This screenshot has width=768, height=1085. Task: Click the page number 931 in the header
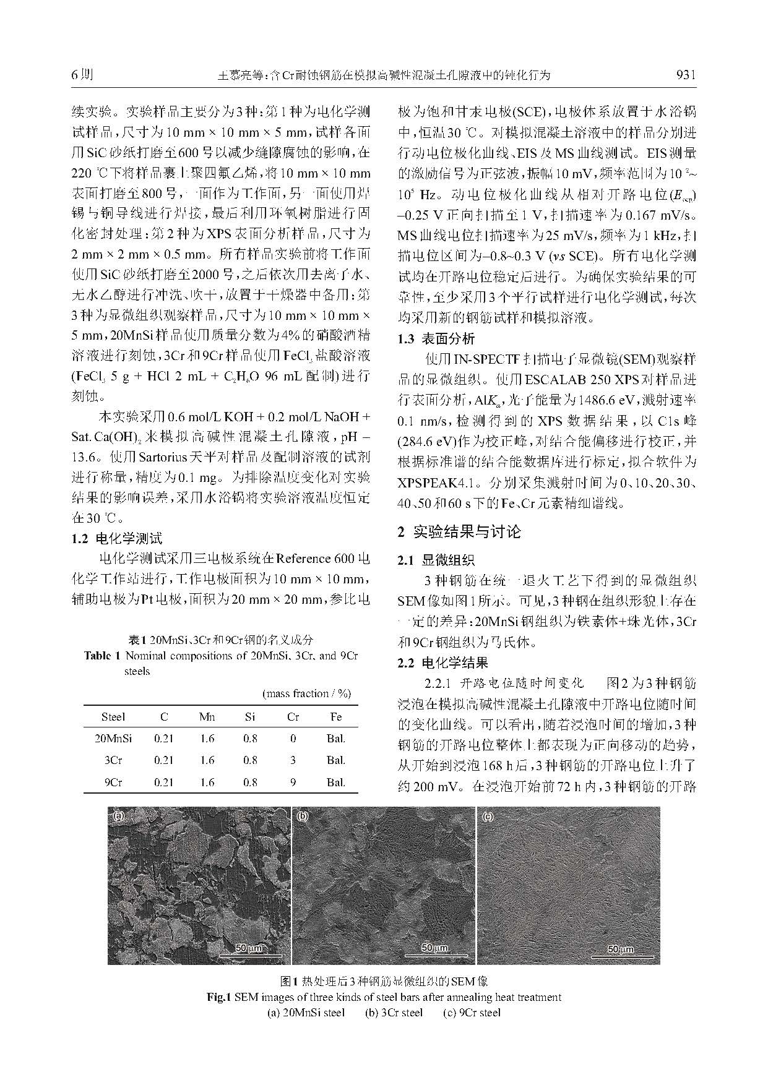pyautogui.click(x=686, y=75)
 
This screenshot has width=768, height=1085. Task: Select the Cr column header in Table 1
pyautogui.click(x=293, y=717)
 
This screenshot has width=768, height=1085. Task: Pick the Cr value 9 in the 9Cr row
pyautogui.click(x=293, y=783)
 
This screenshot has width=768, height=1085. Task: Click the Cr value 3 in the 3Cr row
pyautogui.click(x=293, y=760)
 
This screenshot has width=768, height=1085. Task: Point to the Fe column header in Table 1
pyautogui.click(x=335, y=717)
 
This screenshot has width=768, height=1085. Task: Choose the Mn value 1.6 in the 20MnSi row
pyautogui.click(x=207, y=739)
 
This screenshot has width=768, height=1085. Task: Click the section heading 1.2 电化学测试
pyautogui.click(x=117, y=538)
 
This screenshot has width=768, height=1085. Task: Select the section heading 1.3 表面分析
pyautogui.click(x=436, y=338)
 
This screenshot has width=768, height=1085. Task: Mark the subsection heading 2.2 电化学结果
pyautogui.click(x=442, y=663)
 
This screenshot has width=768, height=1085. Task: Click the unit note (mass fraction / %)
pyautogui.click(x=306, y=693)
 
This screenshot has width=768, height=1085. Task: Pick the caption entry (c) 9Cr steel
pyautogui.click(x=472, y=1013)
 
